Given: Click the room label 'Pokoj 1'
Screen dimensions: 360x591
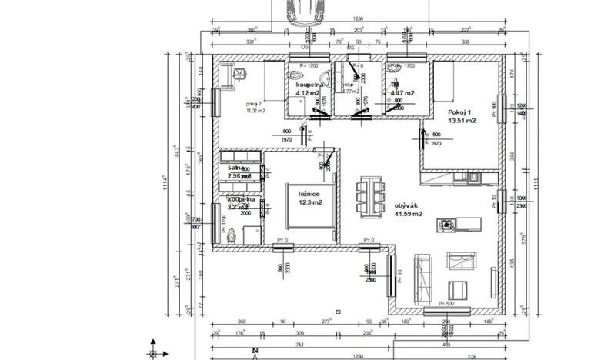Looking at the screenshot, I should pos(460,112).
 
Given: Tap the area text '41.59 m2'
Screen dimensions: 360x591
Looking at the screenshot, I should pos(408,214).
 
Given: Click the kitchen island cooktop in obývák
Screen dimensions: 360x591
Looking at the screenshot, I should pos(446,225).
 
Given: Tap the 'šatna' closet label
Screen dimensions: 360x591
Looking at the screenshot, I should pos(235,167).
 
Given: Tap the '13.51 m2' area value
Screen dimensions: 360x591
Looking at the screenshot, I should pos(462,121).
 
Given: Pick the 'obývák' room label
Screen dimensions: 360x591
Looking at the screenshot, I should pos(406,205).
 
